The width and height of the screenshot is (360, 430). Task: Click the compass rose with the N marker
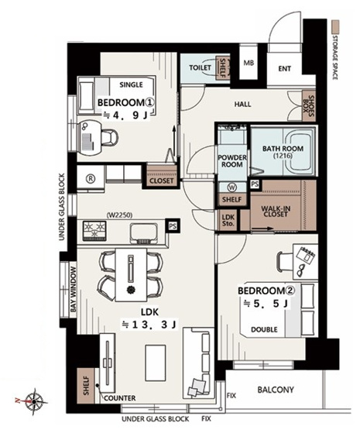click(x=33, y=402)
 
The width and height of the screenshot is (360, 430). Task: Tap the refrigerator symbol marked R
click(x=91, y=179)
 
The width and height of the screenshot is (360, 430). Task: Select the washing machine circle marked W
click(x=232, y=187)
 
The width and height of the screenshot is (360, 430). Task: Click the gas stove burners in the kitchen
click(x=94, y=231)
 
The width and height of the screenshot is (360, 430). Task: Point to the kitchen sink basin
click(x=144, y=233)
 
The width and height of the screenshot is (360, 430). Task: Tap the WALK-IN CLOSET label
click(x=276, y=212)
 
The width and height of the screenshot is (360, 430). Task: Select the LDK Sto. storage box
click(x=228, y=220)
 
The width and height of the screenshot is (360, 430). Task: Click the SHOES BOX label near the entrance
click(x=309, y=106)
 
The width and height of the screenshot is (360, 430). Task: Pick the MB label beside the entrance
click(x=249, y=63)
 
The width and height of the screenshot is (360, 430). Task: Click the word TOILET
click(x=201, y=67)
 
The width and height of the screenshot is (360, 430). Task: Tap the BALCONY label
click(x=276, y=390)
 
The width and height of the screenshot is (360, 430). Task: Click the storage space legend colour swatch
click(x=335, y=26)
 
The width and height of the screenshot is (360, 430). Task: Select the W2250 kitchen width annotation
click(x=119, y=215)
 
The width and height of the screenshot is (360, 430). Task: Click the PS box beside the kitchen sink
click(x=173, y=226)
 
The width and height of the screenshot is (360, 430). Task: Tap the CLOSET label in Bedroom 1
click(x=162, y=181)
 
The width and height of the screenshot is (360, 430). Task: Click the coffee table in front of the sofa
click(x=156, y=363)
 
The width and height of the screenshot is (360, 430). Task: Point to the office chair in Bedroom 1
click(x=110, y=136)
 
